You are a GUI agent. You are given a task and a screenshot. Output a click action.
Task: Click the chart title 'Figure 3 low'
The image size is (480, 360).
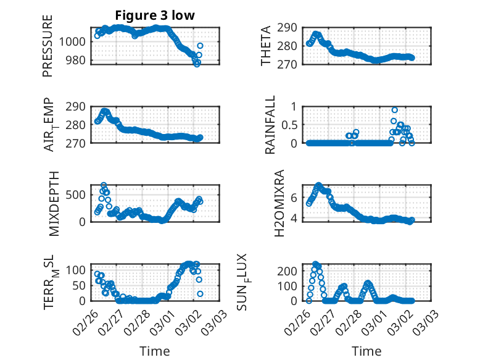click(x=155, y=16)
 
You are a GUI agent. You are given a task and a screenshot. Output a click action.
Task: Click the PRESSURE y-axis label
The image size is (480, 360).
click(x=48, y=46)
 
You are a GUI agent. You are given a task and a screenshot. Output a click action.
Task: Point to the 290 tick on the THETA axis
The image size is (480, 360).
click(x=292, y=28)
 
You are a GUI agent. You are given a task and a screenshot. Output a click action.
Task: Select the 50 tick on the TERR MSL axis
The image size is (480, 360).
click(x=80, y=285)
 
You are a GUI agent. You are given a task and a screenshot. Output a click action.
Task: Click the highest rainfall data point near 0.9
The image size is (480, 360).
click(x=394, y=110)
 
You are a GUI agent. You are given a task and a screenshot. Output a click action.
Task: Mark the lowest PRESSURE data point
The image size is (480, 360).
click(x=197, y=64)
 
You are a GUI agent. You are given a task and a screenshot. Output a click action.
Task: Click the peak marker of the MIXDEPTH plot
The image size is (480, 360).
click(x=104, y=185)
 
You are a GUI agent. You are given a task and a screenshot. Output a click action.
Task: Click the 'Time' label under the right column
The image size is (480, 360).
click(x=366, y=351)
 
